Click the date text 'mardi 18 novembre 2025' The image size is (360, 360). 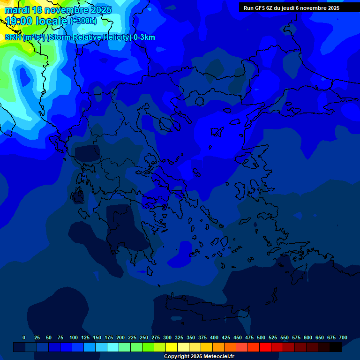click(58, 10)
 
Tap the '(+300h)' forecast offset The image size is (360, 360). click(83, 21)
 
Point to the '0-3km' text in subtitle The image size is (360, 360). click(144, 37)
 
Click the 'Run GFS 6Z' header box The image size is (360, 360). click(291, 8)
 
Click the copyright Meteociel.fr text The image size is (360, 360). click(199, 357)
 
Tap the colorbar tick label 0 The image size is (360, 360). click(24, 338)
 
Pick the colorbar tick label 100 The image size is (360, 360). click(74, 338)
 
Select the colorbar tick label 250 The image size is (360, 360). click(144, 338)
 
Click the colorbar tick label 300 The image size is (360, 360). click(167, 338)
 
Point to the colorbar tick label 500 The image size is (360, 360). click(261, 338)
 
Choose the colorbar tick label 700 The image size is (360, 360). click(343, 338)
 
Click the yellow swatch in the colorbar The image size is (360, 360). click(172, 347)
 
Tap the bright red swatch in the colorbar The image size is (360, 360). click(265, 347)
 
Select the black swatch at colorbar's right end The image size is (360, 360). click(336, 347)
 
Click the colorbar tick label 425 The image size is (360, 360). click(226, 338)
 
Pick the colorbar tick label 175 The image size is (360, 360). click(109, 338)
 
